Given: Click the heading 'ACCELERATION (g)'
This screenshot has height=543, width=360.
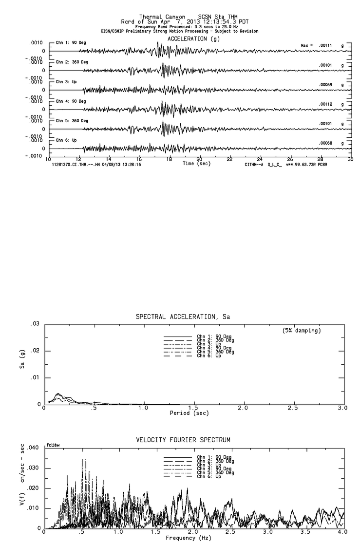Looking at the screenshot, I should tap(193, 38).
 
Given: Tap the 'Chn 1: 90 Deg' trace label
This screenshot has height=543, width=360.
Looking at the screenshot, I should tap(71, 42).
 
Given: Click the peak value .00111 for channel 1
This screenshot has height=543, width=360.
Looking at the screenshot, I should tap(326, 45).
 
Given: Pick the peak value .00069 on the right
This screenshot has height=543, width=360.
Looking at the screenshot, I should tap(325, 85).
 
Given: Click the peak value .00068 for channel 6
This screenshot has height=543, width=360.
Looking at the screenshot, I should tap(325, 143).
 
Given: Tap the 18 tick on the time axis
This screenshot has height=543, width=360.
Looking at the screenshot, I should tap(169, 159).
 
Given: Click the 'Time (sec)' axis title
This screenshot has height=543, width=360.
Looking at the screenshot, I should tap(196, 164).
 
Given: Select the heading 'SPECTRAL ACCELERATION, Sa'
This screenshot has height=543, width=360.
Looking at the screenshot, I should tap(183, 317).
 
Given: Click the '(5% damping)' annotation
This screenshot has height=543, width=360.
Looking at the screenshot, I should tap(302, 331).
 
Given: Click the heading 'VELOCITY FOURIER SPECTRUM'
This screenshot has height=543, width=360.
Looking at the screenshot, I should tap(183, 440).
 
